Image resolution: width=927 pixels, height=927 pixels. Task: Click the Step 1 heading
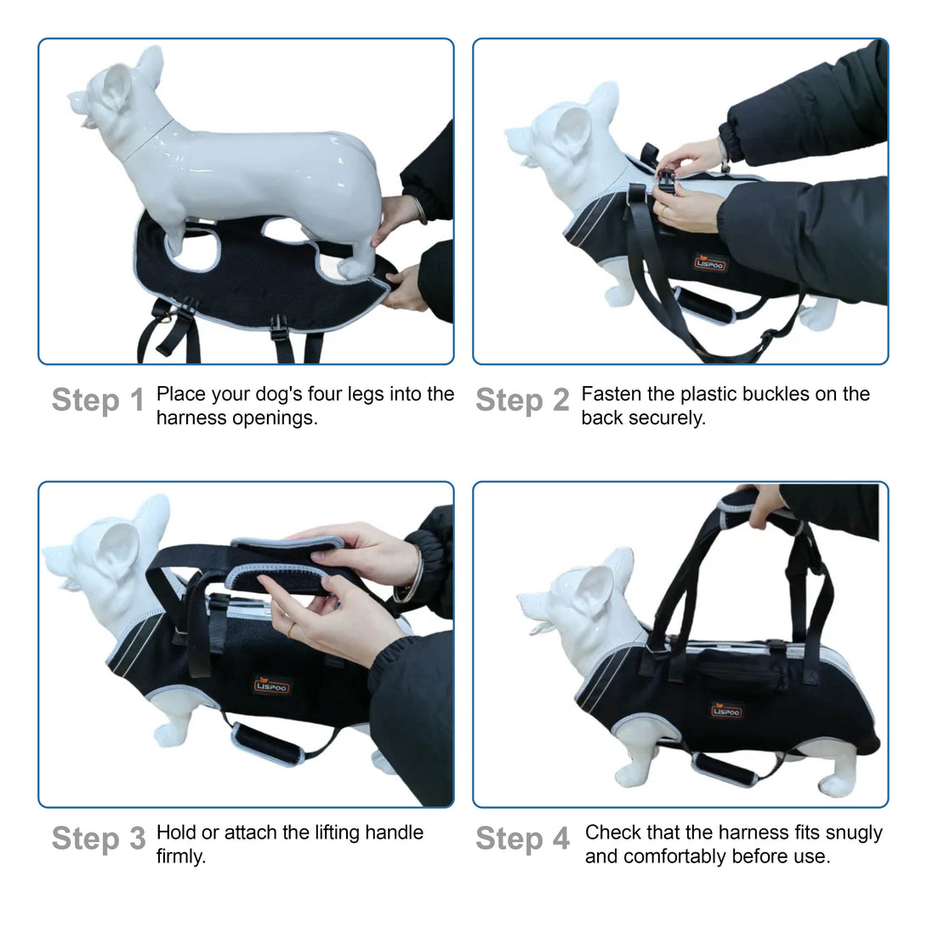point(98,401)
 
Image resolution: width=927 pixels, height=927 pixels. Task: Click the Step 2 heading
point(523,401)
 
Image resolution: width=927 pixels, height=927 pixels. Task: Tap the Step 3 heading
point(99,839)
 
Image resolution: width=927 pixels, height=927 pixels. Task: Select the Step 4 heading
point(523,839)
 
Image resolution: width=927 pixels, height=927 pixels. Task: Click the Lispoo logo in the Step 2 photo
point(709,263)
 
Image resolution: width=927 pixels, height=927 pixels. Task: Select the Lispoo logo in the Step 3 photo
point(271,685)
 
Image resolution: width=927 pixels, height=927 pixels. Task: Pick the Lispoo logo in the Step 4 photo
point(726,711)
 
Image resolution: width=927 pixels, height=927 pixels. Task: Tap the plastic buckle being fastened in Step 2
point(666,181)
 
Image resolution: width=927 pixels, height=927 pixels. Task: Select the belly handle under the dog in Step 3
point(269,743)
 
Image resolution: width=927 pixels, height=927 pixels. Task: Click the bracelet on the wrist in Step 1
point(420,210)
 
